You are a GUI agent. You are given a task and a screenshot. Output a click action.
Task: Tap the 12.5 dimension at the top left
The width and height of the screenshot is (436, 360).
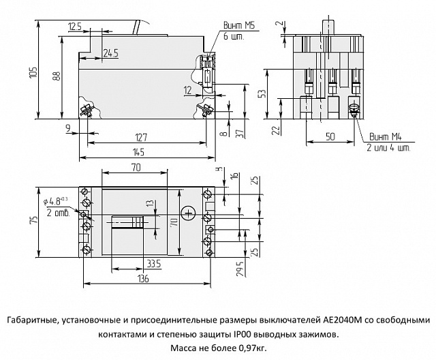(75, 26)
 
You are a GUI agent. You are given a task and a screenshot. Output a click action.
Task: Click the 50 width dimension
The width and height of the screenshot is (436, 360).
(330, 137)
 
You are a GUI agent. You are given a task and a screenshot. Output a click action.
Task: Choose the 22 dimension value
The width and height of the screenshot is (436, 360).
(275, 130)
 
